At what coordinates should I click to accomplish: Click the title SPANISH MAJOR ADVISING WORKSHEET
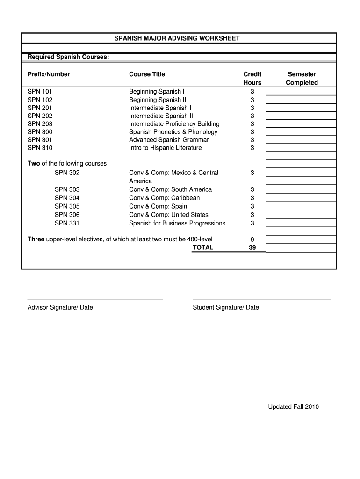pos(177,38)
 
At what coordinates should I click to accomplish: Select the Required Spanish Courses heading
pos(68,57)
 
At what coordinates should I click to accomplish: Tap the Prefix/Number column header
pos(49,74)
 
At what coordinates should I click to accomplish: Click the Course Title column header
pos(147,74)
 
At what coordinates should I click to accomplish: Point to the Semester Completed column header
pos(302,78)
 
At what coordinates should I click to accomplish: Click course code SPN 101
pos(40,91)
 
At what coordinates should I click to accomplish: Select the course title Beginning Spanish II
pos(158,100)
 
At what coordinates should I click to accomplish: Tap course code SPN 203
pos(40,123)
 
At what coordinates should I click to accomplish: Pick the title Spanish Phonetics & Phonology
pos(173,131)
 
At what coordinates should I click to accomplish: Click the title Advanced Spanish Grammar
pos(169,139)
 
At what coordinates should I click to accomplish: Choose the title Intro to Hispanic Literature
pos(166,148)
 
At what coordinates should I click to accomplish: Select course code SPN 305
pos(67,206)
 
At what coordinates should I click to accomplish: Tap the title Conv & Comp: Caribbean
pos(164,198)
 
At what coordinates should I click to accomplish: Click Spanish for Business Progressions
pos(177,223)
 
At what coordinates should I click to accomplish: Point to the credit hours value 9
pos(252,239)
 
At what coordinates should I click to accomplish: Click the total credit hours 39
pos(252,247)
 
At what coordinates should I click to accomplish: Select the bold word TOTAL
pos(203,247)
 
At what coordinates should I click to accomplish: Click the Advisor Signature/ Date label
pos(60,307)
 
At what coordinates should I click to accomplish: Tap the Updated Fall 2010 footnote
pos(293,406)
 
